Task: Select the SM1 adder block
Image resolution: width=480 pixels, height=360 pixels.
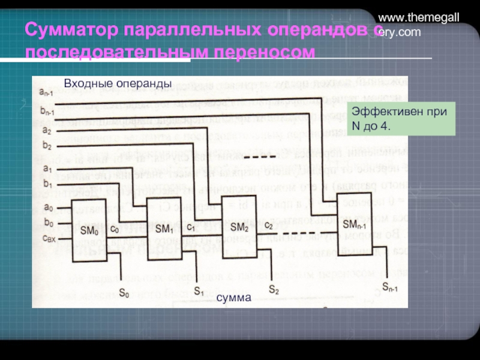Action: tap(165, 229)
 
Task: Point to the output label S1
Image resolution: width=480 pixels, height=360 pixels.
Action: tap(199, 291)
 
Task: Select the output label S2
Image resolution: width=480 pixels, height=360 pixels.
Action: tap(274, 289)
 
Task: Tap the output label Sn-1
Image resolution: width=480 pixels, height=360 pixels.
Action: tap(389, 286)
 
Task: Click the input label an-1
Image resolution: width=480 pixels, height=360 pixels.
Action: tap(47, 92)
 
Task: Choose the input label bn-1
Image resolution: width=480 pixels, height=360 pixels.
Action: tap(47, 111)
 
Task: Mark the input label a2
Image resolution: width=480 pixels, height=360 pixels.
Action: tap(46, 129)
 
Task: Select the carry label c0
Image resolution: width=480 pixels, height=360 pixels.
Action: tap(115, 229)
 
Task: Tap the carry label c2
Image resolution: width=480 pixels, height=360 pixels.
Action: tap(268, 226)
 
